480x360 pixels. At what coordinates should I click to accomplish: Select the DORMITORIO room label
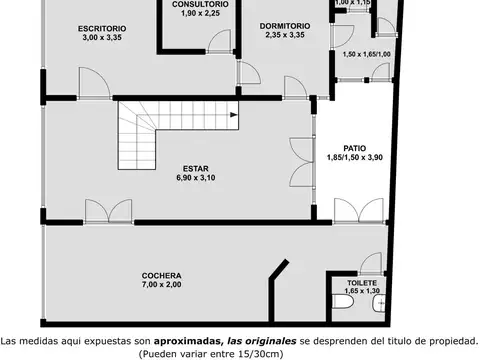283,24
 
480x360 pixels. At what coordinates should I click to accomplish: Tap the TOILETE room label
362,283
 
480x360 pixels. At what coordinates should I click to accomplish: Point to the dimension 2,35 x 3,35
283,34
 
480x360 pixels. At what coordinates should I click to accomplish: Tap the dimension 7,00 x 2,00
161,284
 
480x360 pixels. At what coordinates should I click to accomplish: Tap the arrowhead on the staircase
232,116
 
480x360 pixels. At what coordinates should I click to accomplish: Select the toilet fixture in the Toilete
377,304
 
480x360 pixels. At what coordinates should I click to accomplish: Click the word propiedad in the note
445,339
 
